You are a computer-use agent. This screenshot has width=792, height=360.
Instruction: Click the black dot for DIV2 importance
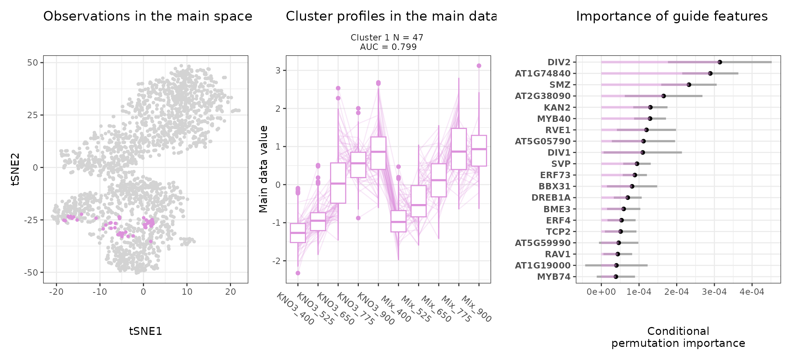coord(720,62)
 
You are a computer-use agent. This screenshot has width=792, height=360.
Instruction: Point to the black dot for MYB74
coord(616,277)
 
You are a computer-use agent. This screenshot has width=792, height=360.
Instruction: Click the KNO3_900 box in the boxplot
coord(378,153)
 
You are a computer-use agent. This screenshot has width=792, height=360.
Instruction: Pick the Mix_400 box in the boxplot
coord(398,221)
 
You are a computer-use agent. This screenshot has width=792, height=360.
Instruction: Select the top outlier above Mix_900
coord(479,66)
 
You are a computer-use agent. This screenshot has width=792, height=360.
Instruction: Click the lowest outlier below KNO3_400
coord(298,273)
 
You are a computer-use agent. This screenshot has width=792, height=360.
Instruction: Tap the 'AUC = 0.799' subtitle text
coord(388,47)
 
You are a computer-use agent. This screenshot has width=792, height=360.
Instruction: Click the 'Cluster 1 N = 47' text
coord(387,37)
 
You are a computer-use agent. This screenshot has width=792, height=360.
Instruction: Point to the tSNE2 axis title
coord(15,169)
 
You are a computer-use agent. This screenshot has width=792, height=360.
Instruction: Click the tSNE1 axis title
coord(145,331)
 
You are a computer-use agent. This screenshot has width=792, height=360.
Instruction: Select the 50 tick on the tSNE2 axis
coord(33,63)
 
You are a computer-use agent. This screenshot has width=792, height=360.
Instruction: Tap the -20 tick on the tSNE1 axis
coord(56,292)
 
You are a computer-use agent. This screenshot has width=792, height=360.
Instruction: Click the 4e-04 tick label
coord(751,292)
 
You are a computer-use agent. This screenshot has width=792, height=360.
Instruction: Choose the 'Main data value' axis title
coord(263,169)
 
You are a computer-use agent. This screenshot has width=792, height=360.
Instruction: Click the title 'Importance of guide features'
coord(672,16)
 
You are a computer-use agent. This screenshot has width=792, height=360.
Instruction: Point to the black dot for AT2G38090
coord(663,96)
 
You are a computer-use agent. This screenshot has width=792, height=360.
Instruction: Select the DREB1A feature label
coord(550,198)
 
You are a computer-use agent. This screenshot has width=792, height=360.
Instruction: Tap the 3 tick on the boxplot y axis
coord(279,70)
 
